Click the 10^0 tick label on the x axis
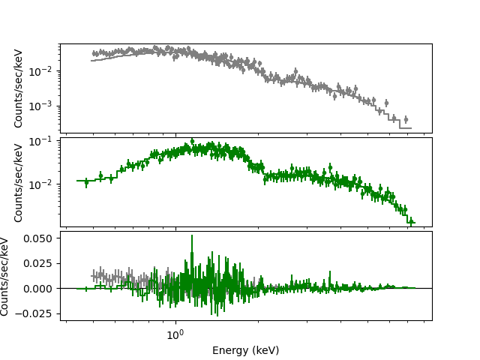[175, 334]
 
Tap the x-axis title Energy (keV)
[245, 350]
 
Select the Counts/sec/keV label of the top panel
[19, 88]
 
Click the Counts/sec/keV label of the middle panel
[19, 181]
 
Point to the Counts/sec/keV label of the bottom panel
[6, 276]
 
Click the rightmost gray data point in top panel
[406, 119]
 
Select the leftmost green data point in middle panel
[86, 181]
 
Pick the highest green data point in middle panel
[192, 141]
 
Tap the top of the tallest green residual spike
[192, 235]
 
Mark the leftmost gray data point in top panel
[94, 53]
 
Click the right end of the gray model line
[411, 128]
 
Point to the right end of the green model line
[413, 223]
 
